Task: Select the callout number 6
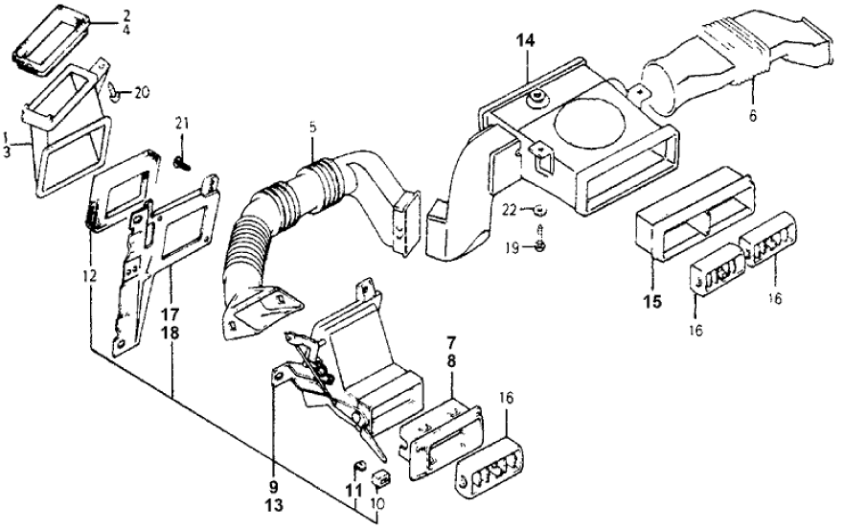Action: pos(752,115)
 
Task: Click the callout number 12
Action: pos(89,276)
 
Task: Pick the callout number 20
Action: pos(142,93)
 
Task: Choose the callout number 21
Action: pos(182,122)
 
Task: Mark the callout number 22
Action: pos(510,210)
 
